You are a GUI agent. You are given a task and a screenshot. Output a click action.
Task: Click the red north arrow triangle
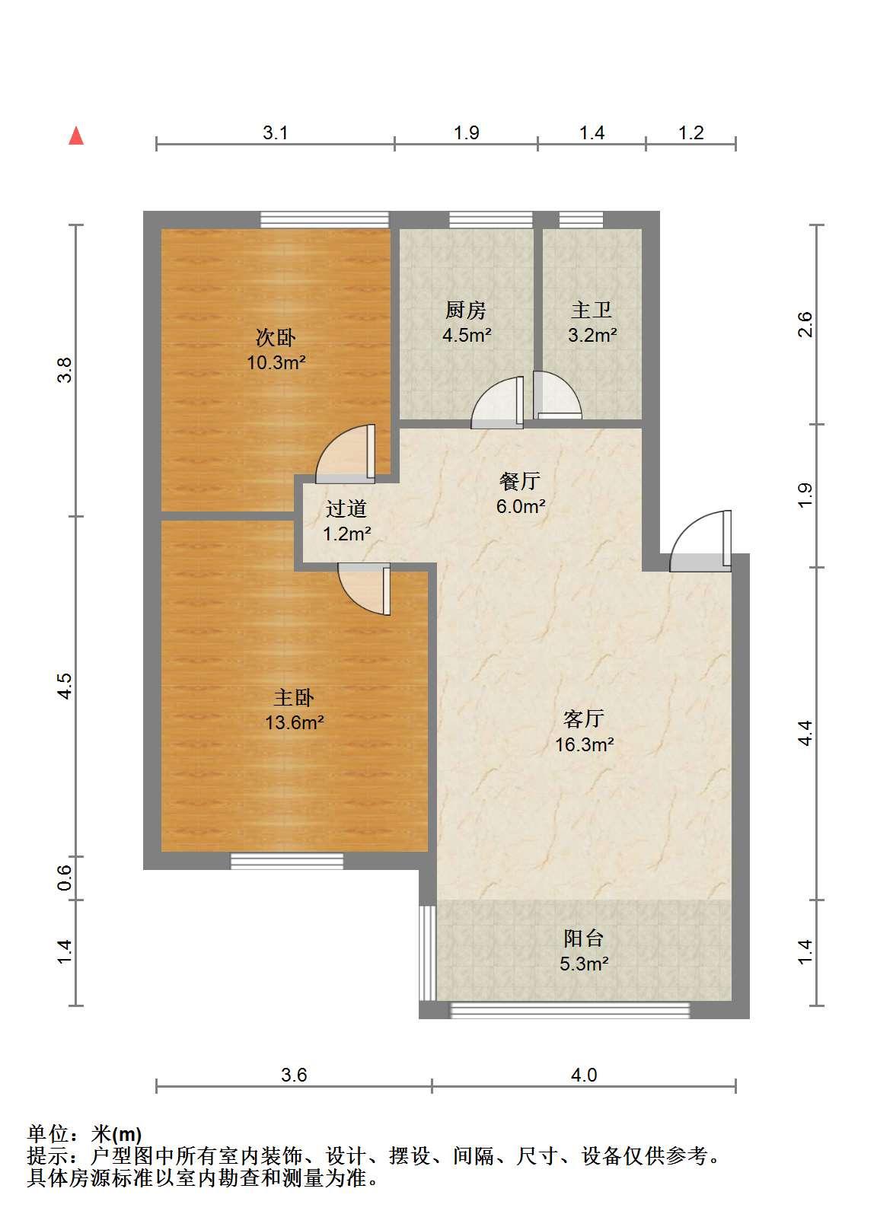pyautogui.click(x=76, y=136)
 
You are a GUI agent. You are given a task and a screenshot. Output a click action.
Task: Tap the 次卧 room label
pyautogui.click(x=276, y=337)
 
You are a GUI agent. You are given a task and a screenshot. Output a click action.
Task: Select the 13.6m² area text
pyautogui.click(x=295, y=722)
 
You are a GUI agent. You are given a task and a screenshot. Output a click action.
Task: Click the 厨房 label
pyautogui.click(x=466, y=311)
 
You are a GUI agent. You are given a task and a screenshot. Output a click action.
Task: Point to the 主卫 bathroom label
pyautogui.click(x=592, y=311)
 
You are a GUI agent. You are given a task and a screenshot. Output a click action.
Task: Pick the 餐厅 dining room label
pyautogui.click(x=519, y=481)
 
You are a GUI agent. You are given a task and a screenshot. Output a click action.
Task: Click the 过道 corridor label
pyautogui.click(x=346, y=509)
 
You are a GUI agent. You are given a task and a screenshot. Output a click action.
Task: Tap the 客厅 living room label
pyautogui.click(x=584, y=719)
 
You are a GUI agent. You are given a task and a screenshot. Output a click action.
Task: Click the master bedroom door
pyautogui.click(x=364, y=588)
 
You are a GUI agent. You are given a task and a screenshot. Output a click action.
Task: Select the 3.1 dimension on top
pyautogui.click(x=275, y=133)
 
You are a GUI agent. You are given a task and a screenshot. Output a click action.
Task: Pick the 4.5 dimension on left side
pyautogui.click(x=65, y=686)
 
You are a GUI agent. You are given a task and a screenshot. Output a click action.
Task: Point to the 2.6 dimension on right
pyautogui.click(x=805, y=324)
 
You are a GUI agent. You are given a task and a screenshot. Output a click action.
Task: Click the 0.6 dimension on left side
pyautogui.click(x=65, y=878)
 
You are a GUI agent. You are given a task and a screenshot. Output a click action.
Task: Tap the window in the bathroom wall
pyautogui.click(x=581, y=220)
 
